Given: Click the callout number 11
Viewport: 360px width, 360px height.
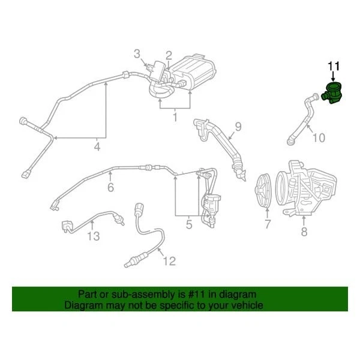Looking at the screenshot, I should [x=333, y=67].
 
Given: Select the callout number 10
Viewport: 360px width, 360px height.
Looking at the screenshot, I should [x=319, y=138].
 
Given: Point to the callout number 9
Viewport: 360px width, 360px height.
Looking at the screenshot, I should [x=238, y=127].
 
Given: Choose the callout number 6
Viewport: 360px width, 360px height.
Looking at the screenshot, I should [x=110, y=188].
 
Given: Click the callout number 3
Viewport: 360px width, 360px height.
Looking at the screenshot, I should [x=137, y=55].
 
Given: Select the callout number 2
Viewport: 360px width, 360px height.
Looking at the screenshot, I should [x=169, y=55].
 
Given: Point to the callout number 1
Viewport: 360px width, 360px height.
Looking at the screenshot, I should [x=175, y=118].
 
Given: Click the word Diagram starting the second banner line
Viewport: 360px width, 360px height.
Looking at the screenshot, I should [x=84, y=305].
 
